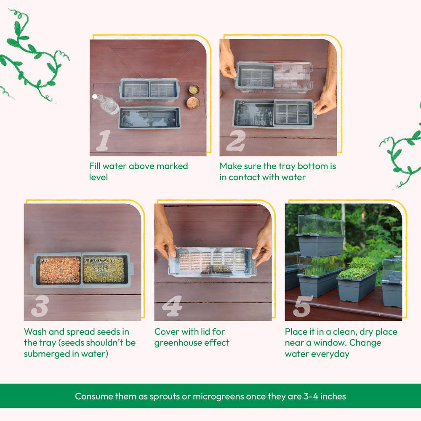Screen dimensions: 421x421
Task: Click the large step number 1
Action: coord(104,140)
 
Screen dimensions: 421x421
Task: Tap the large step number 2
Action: coord(236,141)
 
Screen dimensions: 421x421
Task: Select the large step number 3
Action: coord(40,306)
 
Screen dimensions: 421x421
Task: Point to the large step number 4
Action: coord(172,306)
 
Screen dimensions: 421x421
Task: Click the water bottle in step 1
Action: coord(106,104)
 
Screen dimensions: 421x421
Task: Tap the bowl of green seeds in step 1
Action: coord(194,90)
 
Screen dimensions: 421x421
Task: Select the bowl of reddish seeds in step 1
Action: coord(193,103)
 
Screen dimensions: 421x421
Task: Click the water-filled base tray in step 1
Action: coord(149,118)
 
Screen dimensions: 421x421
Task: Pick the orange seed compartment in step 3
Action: coord(60,270)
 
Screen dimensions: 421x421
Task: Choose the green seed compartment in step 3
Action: coord(104,269)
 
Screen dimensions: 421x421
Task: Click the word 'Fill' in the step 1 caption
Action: coord(94,166)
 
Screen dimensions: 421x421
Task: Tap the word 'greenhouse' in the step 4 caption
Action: coord(177,343)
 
